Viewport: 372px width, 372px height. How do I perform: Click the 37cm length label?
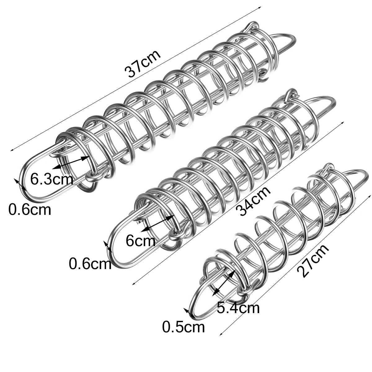pyautogui.click(x=143, y=64)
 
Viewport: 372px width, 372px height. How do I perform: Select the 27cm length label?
pyautogui.click(x=312, y=261)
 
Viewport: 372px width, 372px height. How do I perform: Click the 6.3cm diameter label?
pyautogui.click(x=52, y=179)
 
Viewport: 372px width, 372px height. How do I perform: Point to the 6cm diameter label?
pyautogui.click(x=140, y=240)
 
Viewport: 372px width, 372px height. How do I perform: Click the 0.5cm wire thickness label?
pyautogui.click(x=184, y=327)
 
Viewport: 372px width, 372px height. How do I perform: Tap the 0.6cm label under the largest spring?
pyautogui.click(x=29, y=210)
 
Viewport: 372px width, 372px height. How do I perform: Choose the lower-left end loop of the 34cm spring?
pyautogui.click(x=116, y=245)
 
